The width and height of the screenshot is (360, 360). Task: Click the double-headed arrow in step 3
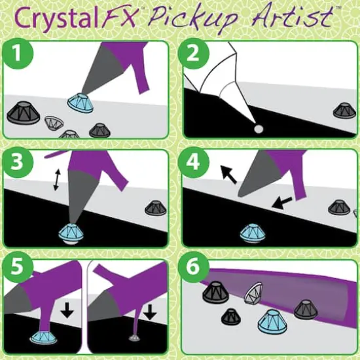point(57,179)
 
